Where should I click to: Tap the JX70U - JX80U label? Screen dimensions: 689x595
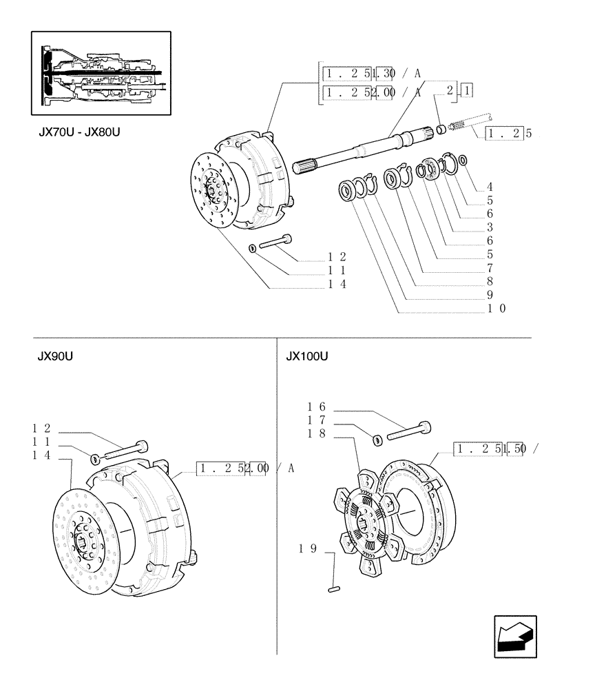(80, 131)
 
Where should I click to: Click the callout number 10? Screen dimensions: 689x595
(497, 308)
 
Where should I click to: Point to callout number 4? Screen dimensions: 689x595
(489, 187)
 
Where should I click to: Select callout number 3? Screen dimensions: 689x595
(489, 227)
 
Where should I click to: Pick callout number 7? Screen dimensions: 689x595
(489, 267)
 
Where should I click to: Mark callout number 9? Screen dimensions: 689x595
(489, 294)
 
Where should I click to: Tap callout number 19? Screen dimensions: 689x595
(307, 549)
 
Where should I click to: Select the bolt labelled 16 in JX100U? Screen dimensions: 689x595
(409, 431)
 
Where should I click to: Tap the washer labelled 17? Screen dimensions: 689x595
(377, 439)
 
